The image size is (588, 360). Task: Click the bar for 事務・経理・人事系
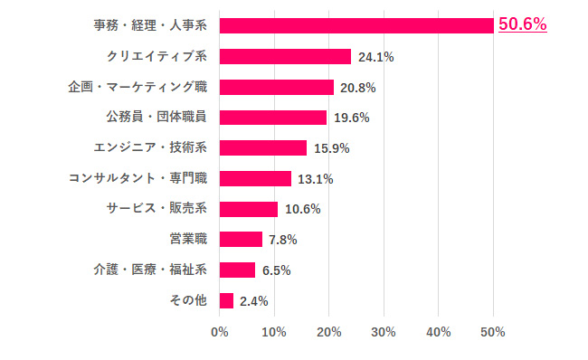[x=356, y=25]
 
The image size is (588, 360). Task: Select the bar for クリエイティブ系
[x=285, y=56]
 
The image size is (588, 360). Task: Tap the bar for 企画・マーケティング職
[x=276, y=87]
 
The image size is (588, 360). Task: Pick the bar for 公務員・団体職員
[x=272, y=118]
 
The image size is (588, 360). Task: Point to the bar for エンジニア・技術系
[x=262, y=147]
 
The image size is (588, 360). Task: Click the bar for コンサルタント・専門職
[x=255, y=178]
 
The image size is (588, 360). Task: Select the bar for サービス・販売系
[x=248, y=209]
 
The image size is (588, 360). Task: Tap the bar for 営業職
[x=241, y=240]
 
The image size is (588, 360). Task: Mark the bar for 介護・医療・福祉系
[x=237, y=270]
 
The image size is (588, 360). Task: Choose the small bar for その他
[x=226, y=300]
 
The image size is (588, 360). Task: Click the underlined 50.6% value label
[x=523, y=24]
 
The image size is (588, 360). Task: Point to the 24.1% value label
[x=375, y=57]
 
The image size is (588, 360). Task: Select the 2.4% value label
[x=253, y=301]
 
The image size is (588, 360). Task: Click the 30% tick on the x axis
[x=384, y=332]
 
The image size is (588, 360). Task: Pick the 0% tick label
[x=220, y=332]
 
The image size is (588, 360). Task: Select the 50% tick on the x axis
[x=493, y=332]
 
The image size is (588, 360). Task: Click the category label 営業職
[x=188, y=240]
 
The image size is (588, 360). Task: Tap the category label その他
[x=188, y=300]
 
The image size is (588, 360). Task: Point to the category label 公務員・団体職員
[x=156, y=118]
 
